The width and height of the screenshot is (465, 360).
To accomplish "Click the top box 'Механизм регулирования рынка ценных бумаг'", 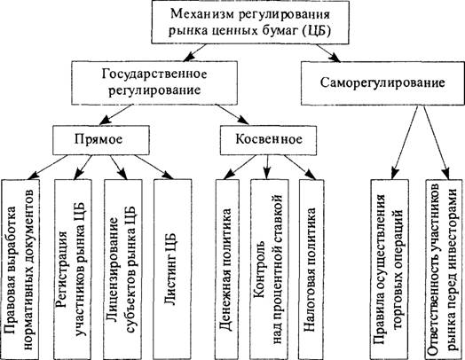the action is [250, 22].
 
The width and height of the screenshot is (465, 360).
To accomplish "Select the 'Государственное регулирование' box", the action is [154, 83].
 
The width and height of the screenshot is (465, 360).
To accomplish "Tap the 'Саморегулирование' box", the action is [382, 83].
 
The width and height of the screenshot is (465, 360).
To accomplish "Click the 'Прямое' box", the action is [101, 140].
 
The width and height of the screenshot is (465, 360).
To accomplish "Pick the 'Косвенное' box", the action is [268, 140].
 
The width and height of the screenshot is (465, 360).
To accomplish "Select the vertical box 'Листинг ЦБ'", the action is [172, 269].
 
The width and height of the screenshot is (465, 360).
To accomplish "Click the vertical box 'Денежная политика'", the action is [227, 269].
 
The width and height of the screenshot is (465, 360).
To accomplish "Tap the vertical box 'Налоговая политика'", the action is [311, 269].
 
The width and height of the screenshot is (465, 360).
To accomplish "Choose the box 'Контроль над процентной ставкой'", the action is [269, 269].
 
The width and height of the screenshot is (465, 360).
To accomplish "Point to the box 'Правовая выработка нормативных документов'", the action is [20, 269].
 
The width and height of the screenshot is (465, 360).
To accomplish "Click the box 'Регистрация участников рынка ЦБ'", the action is [73, 269].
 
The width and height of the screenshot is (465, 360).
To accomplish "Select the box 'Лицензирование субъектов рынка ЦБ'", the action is [123, 269].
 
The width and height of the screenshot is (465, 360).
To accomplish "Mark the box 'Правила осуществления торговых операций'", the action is [390, 269].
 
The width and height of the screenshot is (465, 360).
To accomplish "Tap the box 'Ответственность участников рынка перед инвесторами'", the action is [445, 269].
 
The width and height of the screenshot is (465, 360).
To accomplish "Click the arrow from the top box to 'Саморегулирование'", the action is [328, 53].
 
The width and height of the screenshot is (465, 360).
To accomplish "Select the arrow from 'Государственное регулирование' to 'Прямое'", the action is [115, 114].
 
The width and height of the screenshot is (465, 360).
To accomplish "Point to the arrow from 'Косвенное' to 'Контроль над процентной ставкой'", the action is [267, 167].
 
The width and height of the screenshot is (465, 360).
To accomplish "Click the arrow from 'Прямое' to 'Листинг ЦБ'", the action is [154, 167].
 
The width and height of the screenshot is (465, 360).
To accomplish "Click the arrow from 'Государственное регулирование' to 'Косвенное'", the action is [232, 114].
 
